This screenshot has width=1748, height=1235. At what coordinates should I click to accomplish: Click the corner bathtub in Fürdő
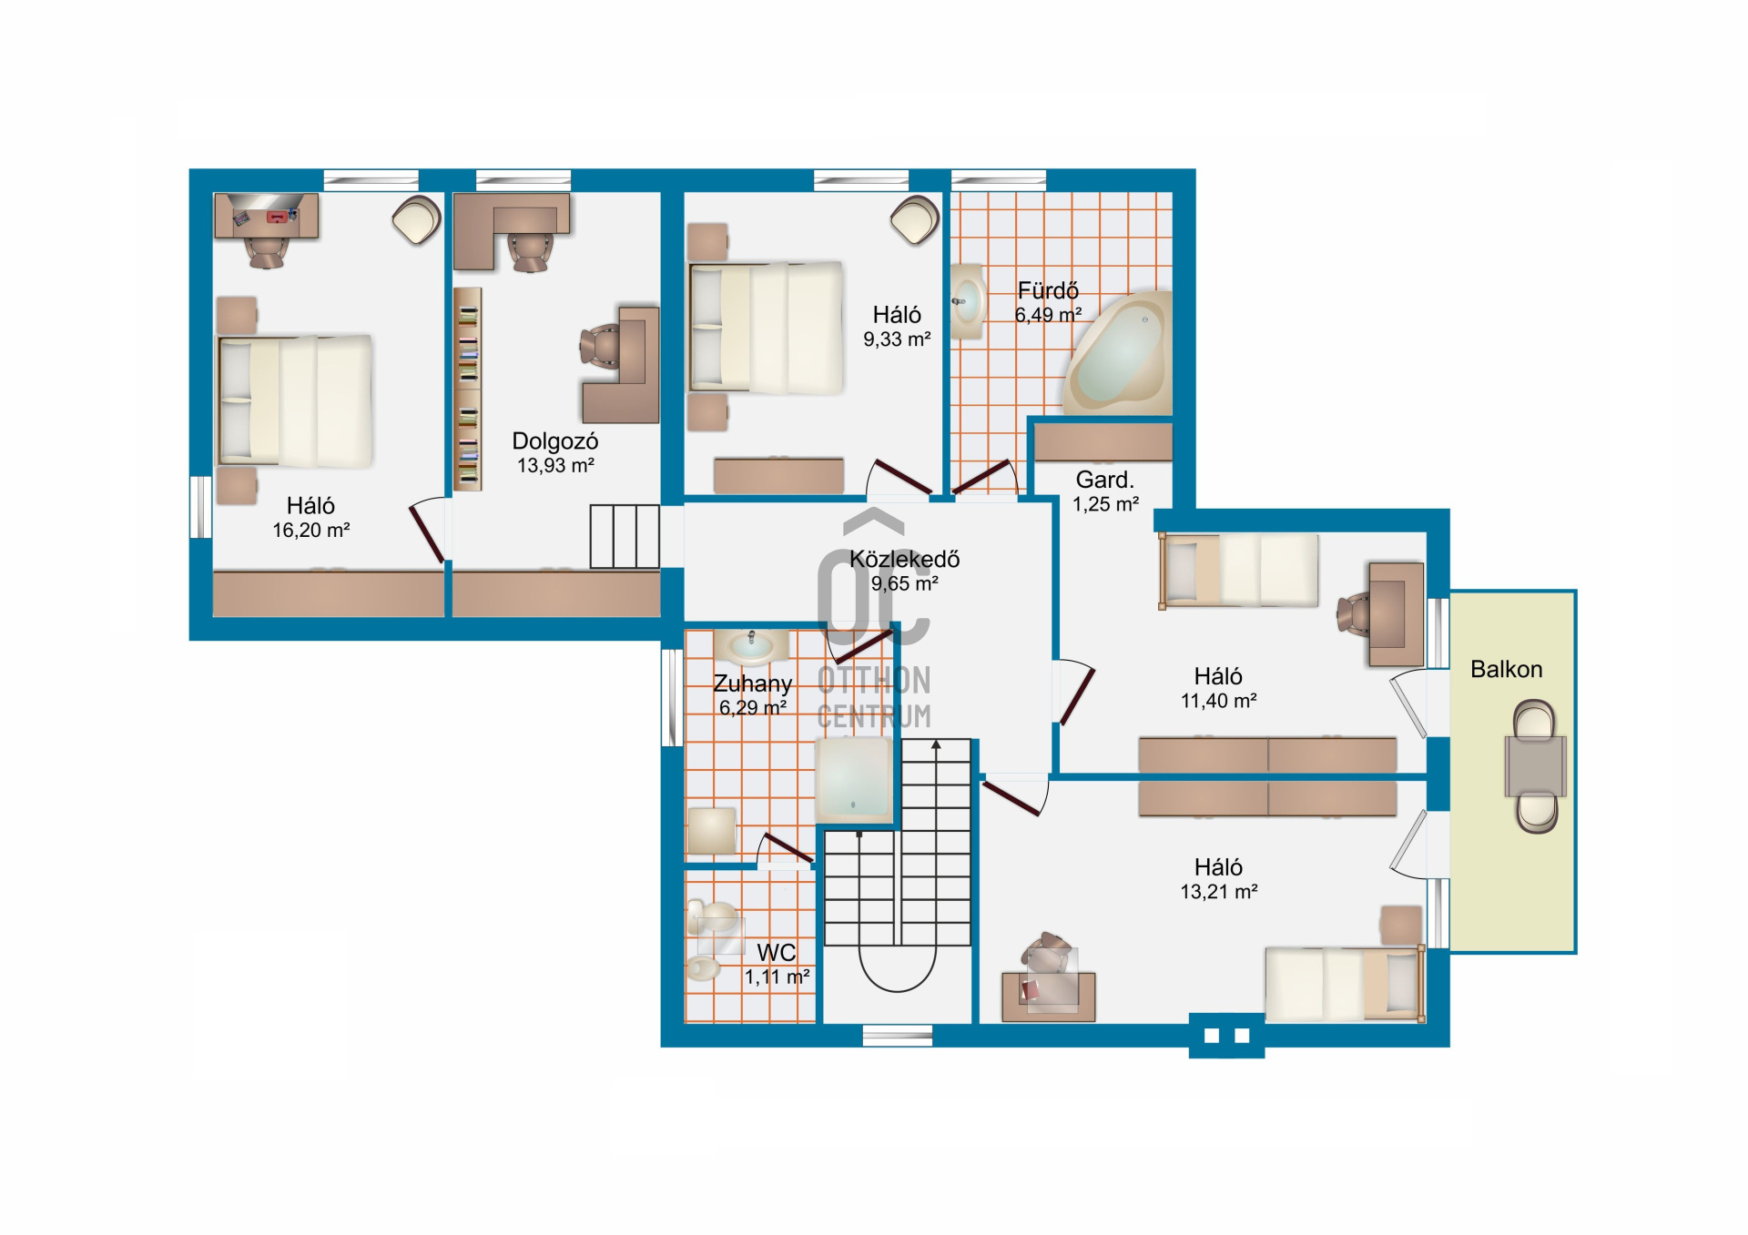tap(1119, 354)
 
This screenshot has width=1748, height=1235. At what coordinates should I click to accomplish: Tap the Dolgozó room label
tap(555, 441)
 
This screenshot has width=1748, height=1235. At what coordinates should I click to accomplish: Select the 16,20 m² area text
tap(311, 530)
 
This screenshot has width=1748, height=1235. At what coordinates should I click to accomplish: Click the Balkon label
tap(1507, 669)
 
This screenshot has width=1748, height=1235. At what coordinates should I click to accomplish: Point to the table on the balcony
tap(1536, 766)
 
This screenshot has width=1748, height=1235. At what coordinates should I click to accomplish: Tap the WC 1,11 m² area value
tap(777, 977)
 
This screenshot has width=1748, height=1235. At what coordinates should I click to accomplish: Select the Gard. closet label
tap(1105, 480)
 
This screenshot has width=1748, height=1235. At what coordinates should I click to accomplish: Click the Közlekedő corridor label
tap(905, 559)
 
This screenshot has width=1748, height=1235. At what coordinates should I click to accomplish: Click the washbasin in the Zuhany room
tap(752, 647)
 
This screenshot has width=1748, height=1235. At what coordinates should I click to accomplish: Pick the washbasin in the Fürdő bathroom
tap(967, 301)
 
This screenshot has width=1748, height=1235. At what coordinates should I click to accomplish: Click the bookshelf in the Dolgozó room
tap(467, 389)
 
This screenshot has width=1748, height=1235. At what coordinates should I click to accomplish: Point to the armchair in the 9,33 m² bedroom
tap(915, 220)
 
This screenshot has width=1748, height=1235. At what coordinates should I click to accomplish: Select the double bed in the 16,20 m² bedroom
tap(295, 401)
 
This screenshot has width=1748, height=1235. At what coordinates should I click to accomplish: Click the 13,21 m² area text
tap(1219, 892)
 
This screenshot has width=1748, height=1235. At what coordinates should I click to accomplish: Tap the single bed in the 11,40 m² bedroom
tap(1238, 570)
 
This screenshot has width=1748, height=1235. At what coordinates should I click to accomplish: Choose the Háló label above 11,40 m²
tap(1218, 676)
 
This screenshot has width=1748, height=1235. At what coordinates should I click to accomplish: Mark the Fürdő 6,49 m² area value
tap(1049, 315)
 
